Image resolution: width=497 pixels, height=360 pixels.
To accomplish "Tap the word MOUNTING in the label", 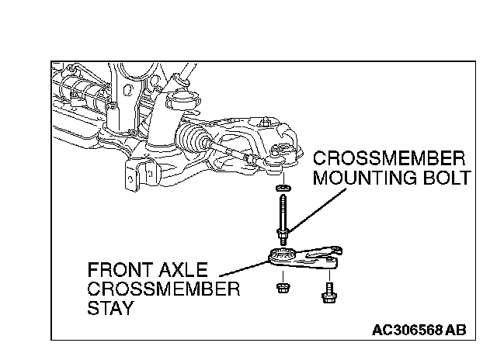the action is point(355,179).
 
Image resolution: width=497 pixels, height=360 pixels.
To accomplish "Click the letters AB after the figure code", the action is point(456,329).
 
